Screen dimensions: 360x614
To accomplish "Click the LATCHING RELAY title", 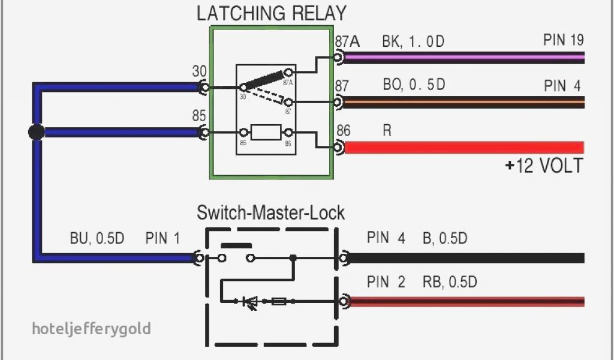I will [272, 13].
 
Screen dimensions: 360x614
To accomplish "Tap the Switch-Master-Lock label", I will [271, 212].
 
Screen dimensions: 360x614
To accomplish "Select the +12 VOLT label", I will [543, 166].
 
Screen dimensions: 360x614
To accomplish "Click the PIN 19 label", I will [564, 41].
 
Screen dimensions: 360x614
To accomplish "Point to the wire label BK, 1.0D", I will [414, 43].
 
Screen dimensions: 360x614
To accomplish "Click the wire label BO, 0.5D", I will [414, 85].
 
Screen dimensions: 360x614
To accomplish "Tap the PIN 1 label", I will [162, 238].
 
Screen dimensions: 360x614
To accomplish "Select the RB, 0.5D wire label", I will [450, 282].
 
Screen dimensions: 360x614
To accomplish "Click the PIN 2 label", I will [386, 282].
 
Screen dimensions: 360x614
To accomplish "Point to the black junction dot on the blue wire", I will [37, 132].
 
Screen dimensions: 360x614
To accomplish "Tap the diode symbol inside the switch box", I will [249, 302].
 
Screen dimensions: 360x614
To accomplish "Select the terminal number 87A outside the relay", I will [347, 41].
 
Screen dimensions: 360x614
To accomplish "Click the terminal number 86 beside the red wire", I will [344, 130].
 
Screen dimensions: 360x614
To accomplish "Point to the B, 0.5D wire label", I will [444, 238].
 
